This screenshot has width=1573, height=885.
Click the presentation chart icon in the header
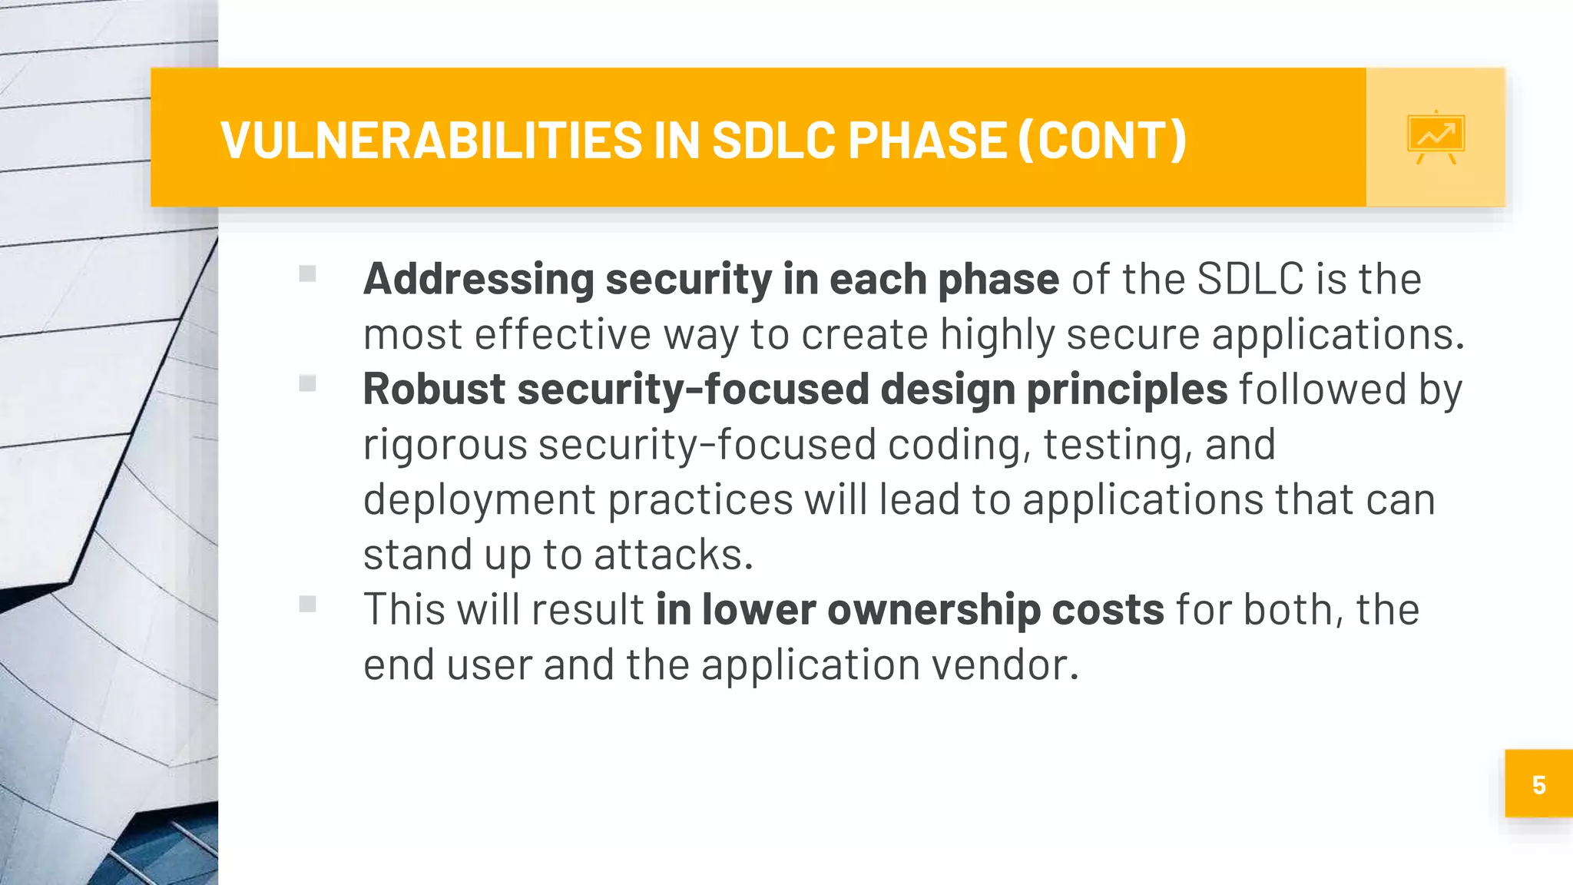[1436, 138]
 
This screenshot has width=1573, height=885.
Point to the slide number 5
[1538, 784]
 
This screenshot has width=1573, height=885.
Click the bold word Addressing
[479, 279]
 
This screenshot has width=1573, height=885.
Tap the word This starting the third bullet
[404, 609]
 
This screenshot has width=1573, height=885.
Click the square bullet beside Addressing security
[308, 273]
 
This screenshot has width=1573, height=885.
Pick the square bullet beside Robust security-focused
[308, 383]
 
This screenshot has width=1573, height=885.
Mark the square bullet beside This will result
[308, 604]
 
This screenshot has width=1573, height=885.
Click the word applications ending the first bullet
[1337, 335]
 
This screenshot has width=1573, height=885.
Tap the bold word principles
[1127, 390]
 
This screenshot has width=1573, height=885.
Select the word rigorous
[445, 445]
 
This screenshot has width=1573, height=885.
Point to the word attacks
[672, 555]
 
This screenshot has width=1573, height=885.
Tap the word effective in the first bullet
[563, 334]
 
